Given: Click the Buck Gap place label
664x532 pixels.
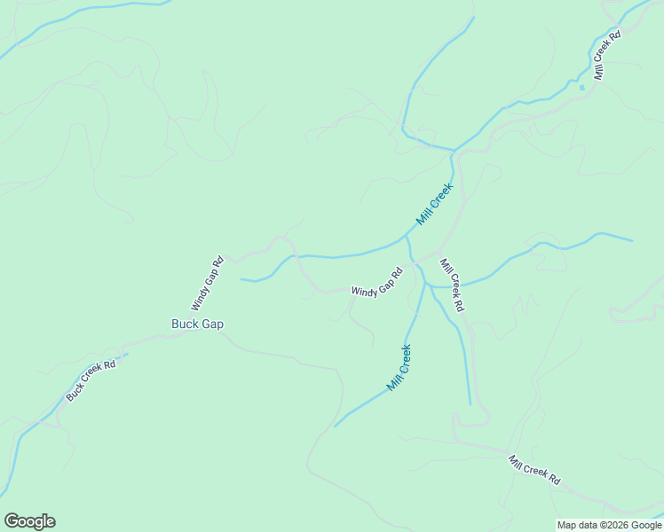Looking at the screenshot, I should [x=197, y=325].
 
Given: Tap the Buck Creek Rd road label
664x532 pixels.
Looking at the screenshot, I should [x=91, y=379].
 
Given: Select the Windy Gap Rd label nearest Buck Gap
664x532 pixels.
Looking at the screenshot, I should [x=207, y=283].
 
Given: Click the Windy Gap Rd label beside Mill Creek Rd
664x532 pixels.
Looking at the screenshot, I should [x=376, y=283].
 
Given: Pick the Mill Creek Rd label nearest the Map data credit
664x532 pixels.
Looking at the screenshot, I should [x=534, y=470].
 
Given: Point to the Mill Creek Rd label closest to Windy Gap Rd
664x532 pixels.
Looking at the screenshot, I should [x=452, y=285].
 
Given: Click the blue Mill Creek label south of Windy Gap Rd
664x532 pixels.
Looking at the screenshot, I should [x=399, y=368].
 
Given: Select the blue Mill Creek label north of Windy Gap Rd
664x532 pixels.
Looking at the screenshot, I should [x=435, y=203].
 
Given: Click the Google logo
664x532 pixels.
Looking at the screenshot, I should [x=29, y=521].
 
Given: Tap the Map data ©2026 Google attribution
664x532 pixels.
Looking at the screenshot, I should [x=610, y=525].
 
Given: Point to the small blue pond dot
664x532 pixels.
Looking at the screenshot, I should [x=582, y=87].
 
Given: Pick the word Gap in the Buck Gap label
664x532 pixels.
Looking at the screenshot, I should [x=211, y=325].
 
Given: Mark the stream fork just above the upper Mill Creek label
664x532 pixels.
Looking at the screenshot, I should [x=455, y=152].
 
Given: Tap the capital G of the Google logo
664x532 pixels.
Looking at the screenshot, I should [x=11, y=521].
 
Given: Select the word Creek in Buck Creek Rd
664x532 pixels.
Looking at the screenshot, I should [x=91, y=378].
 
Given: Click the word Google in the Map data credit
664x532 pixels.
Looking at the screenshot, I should [x=646, y=525].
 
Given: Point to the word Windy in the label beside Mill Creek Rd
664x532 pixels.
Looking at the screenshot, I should [x=364, y=290].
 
